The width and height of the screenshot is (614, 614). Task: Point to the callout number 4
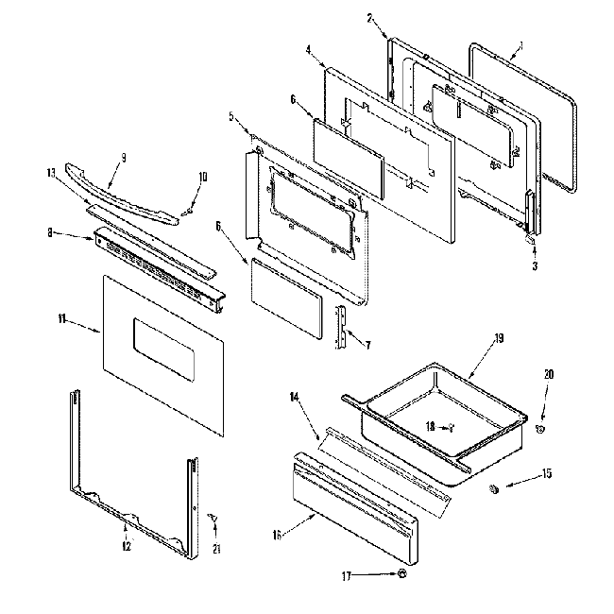point(309,51)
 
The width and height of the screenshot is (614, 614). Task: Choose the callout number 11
point(62,321)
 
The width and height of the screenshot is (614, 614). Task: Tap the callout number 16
point(277,536)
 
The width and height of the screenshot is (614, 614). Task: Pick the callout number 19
point(498,337)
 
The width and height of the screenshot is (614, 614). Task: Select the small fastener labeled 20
point(540,429)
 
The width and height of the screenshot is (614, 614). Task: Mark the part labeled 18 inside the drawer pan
point(450,426)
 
